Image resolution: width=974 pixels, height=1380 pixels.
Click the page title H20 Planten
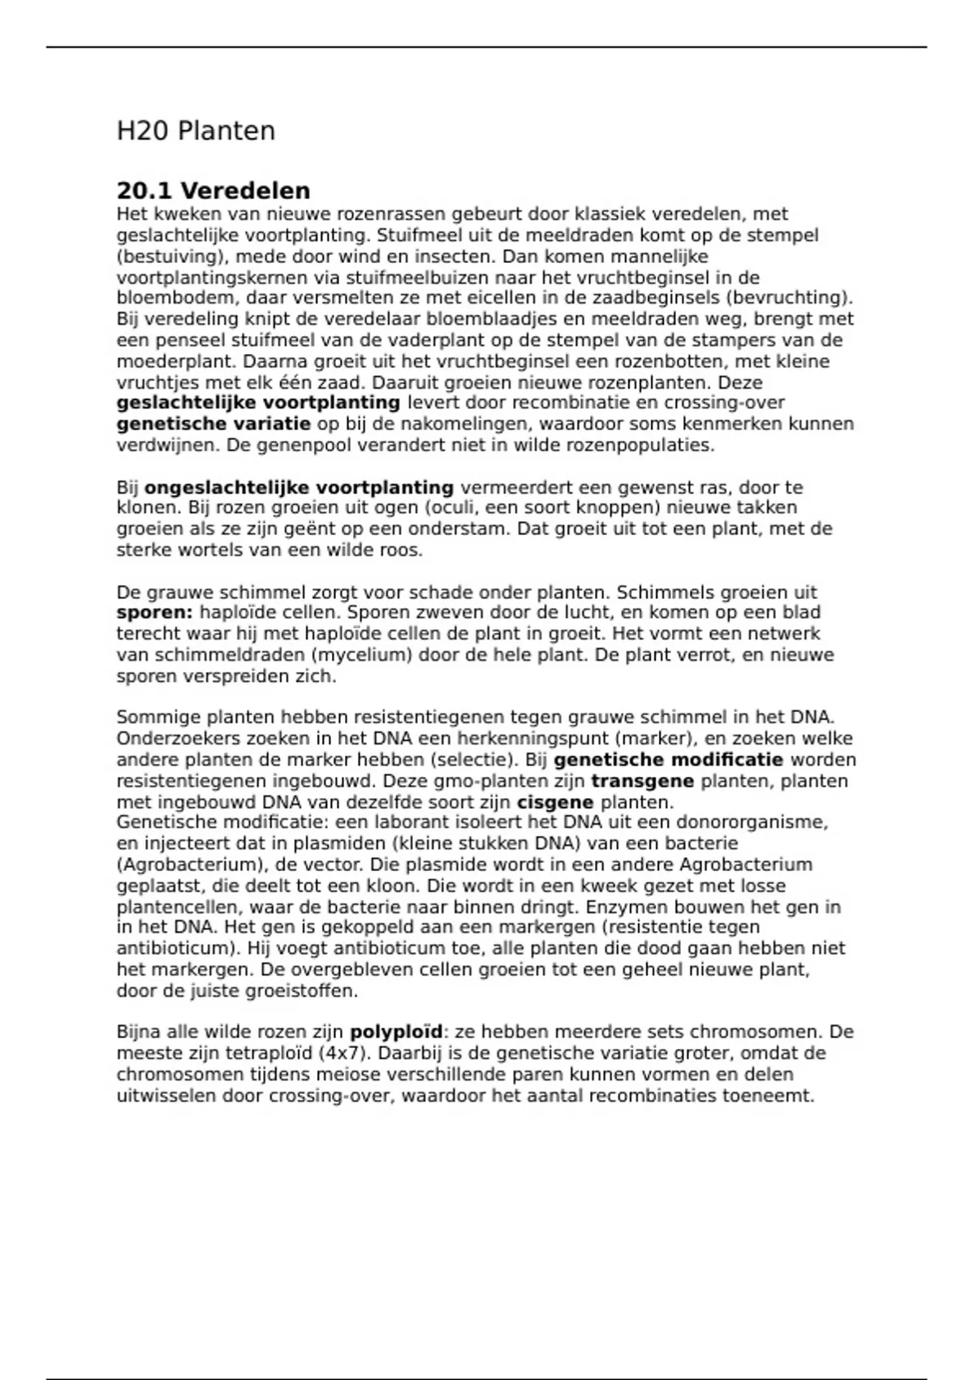coord(196,131)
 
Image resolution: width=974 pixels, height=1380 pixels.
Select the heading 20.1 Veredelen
coord(213,191)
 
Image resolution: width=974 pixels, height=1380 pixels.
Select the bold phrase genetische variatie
coord(213,424)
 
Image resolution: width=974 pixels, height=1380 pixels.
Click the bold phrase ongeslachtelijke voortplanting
coord(299,488)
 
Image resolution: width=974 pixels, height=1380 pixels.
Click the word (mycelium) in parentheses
coord(364,654)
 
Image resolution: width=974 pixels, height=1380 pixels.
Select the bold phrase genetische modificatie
coord(668,760)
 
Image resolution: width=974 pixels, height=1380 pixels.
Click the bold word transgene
coord(642,781)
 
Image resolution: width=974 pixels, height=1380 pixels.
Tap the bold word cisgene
coord(555,803)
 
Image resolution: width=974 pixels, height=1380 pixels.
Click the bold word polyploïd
coord(396,1033)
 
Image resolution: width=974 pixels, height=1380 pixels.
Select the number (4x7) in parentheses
coord(339,1054)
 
